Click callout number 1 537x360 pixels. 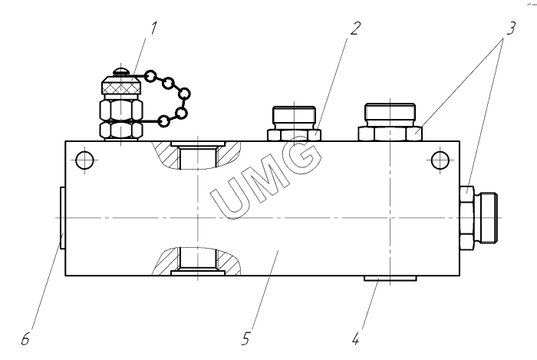(x=153, y=28)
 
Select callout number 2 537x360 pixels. (x=355, y=28)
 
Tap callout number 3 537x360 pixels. (x=510, y=28)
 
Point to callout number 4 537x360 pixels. (x=356, y=339)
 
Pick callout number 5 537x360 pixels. (x=246, y=339)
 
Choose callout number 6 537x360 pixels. (x=25, y=339)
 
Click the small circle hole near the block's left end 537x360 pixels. (x=84, y=160)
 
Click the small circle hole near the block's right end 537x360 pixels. (x=440, y=160)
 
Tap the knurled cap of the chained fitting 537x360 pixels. (x=121, y=85)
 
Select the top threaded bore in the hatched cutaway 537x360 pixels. (x=198, y=157)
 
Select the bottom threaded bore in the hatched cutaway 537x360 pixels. (x=198, y=258)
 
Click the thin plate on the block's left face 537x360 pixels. (x=62, y=217)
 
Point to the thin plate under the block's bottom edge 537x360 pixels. (x=390, y=278)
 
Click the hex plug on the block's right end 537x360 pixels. (x=479, y=218)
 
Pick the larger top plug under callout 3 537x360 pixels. (x=390, y=122)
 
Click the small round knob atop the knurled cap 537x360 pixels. (x=121, y=71)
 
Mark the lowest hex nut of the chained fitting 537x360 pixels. (x=121, y=130)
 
